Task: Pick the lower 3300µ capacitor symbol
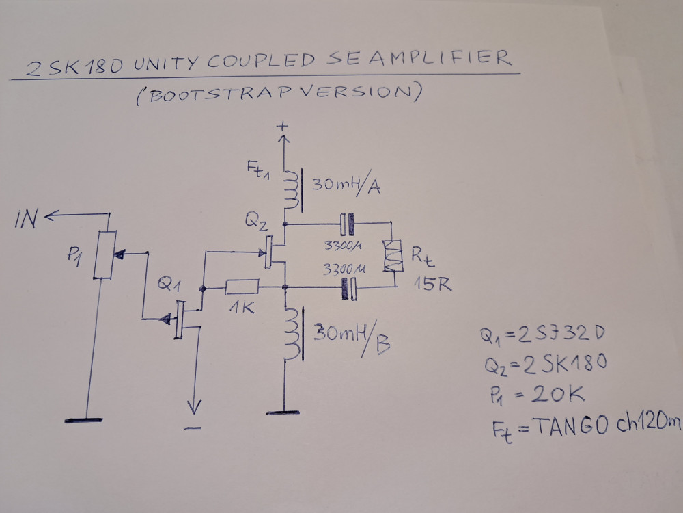point(348,289)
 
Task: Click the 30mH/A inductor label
point(346,185)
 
